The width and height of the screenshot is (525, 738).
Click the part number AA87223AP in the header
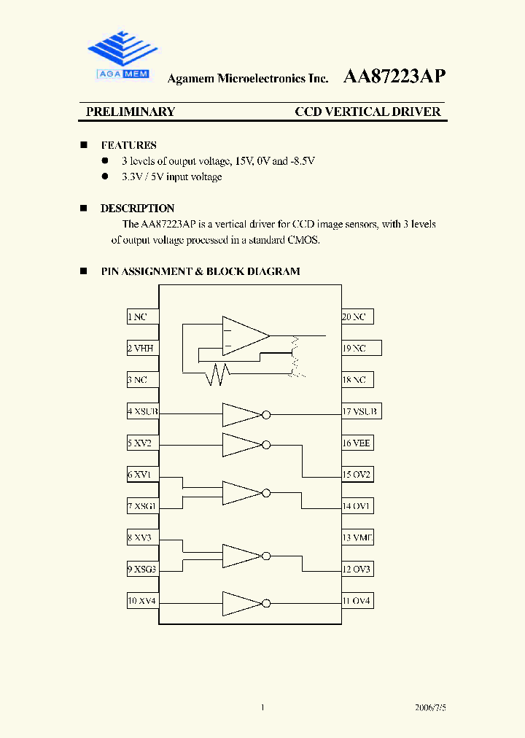point(394,77)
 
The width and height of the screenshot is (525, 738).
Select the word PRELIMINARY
point(131,112)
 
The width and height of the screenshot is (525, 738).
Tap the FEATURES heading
point(128,145)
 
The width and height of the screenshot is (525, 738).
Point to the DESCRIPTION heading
point(137,208)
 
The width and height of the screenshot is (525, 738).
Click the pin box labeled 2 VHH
point(143,348)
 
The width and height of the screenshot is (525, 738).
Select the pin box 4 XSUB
point(143,411)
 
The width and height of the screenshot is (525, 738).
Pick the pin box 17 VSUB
point(360,411)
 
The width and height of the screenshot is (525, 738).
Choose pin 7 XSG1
point(143,505)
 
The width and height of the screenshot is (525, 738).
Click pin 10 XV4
point(143,601)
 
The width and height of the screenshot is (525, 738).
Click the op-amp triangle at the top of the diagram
point(244,336)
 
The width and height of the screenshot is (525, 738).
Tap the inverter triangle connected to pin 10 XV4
point(241,603)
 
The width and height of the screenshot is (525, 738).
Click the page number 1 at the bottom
point(262,707)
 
